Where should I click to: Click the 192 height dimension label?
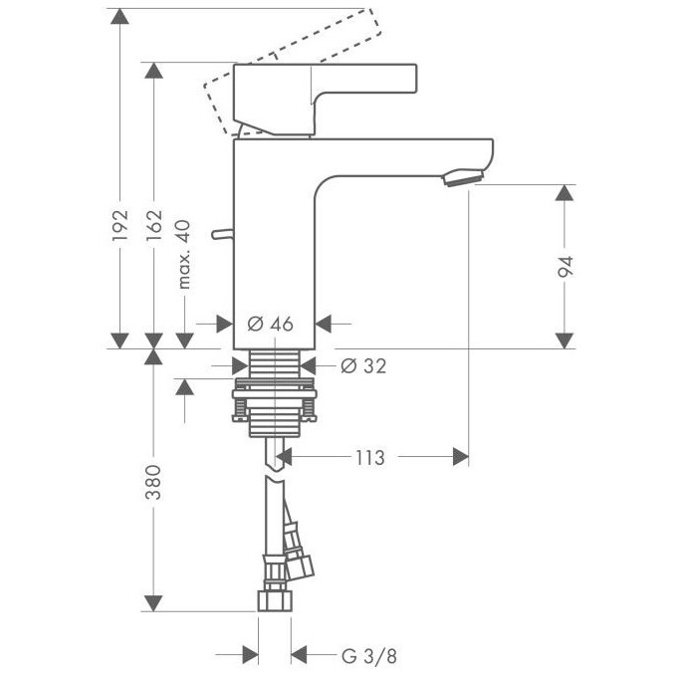(119, 226)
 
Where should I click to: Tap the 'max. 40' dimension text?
(183, 255)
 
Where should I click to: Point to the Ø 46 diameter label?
(269, 324)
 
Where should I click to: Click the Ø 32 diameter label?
(362, 365)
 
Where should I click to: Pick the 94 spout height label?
(565, 266)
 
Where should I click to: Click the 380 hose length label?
(152, 483)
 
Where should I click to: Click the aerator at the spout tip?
(462, 178)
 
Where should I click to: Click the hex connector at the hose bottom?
(274, 599)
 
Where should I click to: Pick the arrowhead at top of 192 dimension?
(119, 16)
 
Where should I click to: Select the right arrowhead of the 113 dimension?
(460, 457)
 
